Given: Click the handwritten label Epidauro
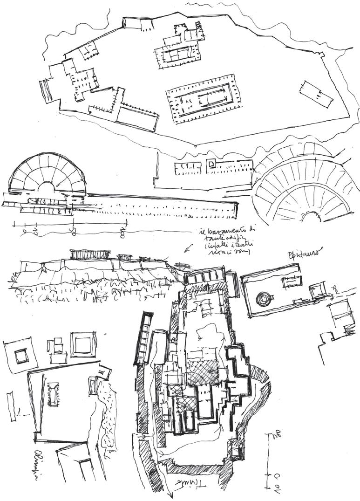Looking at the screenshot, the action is point(303,255).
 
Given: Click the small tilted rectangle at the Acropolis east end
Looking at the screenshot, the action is point(316,94).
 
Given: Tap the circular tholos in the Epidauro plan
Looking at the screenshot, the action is point(264,298).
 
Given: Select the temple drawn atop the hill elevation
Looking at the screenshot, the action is point(90,254).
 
